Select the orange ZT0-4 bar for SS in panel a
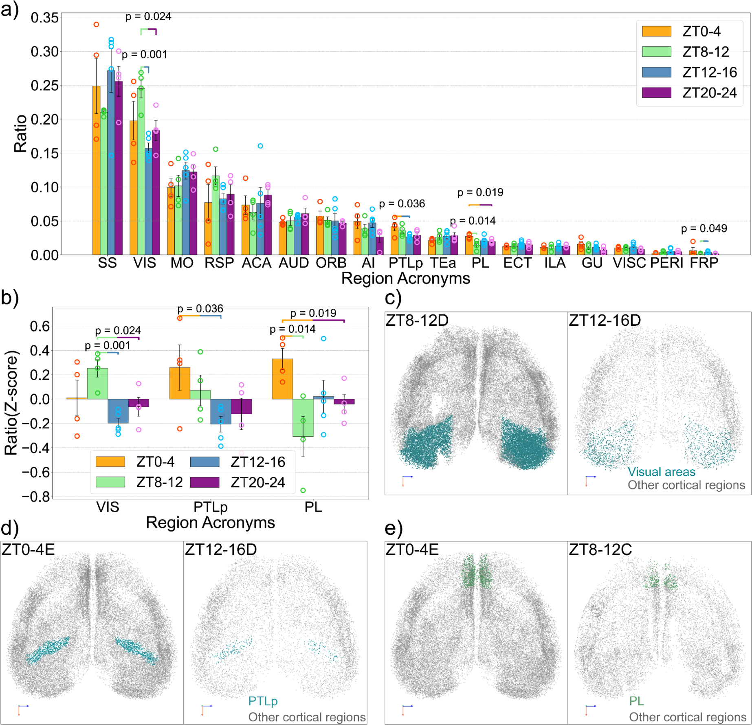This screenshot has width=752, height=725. pos(96,171)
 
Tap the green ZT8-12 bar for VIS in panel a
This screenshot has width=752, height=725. pos(141,171)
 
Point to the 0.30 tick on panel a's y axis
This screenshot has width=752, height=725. pos(44,52)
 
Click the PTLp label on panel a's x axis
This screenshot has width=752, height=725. pos(405,263)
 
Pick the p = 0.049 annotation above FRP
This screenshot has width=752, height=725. pos(704,228)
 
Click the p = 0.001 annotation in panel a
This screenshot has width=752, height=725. pos(145,55)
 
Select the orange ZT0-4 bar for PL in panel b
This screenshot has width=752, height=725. pos(282,379)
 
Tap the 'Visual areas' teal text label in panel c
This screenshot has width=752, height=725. pos(661,472)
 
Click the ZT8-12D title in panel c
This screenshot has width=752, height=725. pos(417,321)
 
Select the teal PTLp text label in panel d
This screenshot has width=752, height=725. pos(263,701)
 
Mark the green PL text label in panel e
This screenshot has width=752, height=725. pos(636,701)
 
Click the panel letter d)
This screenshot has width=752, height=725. pos(10,528)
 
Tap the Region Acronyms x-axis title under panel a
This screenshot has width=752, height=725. pos(405,279)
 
